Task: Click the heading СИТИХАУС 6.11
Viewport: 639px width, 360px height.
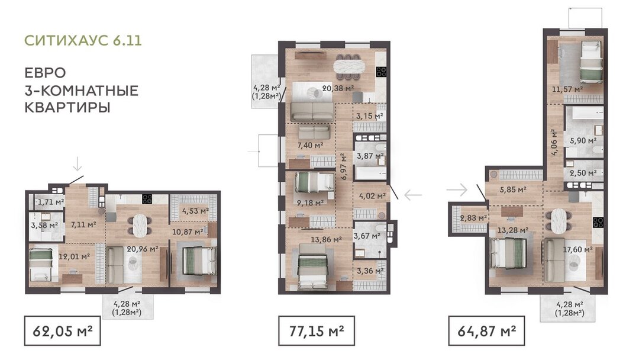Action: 83,40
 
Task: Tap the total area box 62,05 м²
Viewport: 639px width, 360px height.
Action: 62,330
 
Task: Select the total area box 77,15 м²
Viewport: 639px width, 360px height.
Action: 316,330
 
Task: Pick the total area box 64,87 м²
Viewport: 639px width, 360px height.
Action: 486,330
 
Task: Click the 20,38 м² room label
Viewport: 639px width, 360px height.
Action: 338,88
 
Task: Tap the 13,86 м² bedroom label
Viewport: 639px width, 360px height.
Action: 326,240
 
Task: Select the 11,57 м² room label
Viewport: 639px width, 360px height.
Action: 567,89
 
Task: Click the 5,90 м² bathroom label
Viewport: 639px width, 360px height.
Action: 583,141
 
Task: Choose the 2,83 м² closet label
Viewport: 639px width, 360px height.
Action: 473,218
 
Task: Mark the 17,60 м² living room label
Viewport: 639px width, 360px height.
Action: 577,249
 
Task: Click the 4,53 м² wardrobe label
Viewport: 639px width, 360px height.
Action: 195,211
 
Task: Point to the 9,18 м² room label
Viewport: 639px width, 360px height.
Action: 310,202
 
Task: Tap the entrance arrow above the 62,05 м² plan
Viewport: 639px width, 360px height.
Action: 78,163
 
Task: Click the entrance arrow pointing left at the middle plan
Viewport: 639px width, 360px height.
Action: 413,195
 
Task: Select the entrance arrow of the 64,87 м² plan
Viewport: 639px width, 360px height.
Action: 457,189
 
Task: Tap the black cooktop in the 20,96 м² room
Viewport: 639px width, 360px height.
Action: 147,200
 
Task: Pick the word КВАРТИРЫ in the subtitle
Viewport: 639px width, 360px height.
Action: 67,108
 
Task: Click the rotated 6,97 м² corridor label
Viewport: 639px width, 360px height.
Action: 344,167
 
